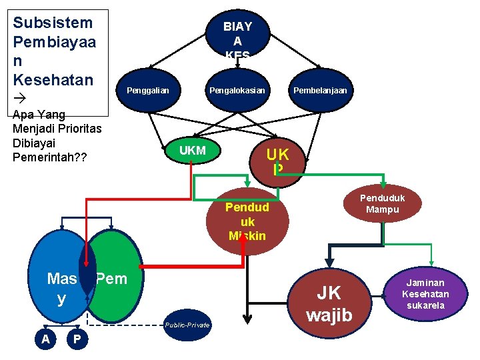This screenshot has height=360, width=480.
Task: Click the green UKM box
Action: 193,151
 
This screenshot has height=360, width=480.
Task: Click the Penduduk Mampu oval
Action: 382,204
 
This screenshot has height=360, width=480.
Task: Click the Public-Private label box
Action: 187,325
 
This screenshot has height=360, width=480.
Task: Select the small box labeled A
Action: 45,339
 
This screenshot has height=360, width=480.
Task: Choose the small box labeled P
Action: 77,339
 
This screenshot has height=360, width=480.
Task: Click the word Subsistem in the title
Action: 53,23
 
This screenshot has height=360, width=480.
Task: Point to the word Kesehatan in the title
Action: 53,80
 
